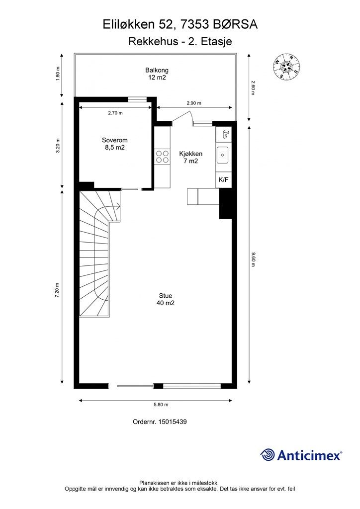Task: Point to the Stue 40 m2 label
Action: [166, 299]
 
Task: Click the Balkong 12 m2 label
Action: [156, 74]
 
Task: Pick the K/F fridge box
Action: [223, 179]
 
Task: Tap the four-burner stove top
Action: [162, 157]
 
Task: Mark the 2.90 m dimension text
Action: [194, 103]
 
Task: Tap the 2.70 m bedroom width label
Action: [115, 113]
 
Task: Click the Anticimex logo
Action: [301, 454]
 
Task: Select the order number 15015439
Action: [160, 422]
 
